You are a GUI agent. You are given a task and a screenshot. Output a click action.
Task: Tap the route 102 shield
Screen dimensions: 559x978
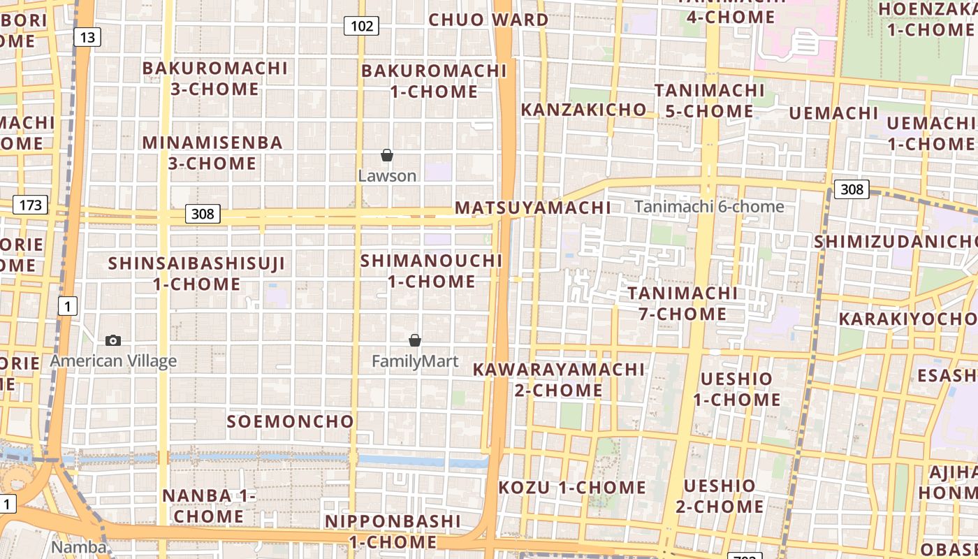point(361,27)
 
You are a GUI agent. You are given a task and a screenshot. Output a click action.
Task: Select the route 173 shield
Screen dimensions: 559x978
point(30,205)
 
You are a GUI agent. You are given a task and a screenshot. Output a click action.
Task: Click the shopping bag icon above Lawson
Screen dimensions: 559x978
point(387,155)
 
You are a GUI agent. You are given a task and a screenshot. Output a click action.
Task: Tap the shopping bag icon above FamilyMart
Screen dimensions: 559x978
point(415,340)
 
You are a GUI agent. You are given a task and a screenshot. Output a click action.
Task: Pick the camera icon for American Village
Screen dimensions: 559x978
point(113,341)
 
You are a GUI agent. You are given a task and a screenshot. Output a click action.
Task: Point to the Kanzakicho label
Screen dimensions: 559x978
point(584,110)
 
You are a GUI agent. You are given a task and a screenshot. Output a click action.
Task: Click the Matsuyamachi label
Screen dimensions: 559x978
point(533,208)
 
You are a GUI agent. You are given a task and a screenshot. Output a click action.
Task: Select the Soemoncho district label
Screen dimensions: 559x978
point(291,421)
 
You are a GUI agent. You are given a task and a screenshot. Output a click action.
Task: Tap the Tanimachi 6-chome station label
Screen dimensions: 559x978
point(709,207)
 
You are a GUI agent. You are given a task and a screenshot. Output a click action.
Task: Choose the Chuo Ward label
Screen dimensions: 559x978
point(488,20)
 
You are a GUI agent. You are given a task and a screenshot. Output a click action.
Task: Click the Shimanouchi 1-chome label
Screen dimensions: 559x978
point(432,271)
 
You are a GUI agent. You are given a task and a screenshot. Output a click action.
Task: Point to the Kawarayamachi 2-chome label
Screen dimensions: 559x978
point(558,379)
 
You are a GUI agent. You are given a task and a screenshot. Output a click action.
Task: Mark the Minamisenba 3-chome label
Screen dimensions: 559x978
point(213,153)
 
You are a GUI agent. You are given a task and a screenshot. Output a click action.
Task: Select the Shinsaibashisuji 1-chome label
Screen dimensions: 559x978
point(197,274)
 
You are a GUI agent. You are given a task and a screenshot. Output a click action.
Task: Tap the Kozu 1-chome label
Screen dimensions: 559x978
point(572,487)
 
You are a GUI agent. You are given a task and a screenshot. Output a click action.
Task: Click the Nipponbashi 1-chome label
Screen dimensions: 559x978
point(393,531)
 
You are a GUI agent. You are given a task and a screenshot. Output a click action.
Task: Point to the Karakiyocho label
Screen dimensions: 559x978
point(907,319)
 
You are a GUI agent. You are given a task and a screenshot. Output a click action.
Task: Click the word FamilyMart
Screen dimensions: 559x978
point(415,361)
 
